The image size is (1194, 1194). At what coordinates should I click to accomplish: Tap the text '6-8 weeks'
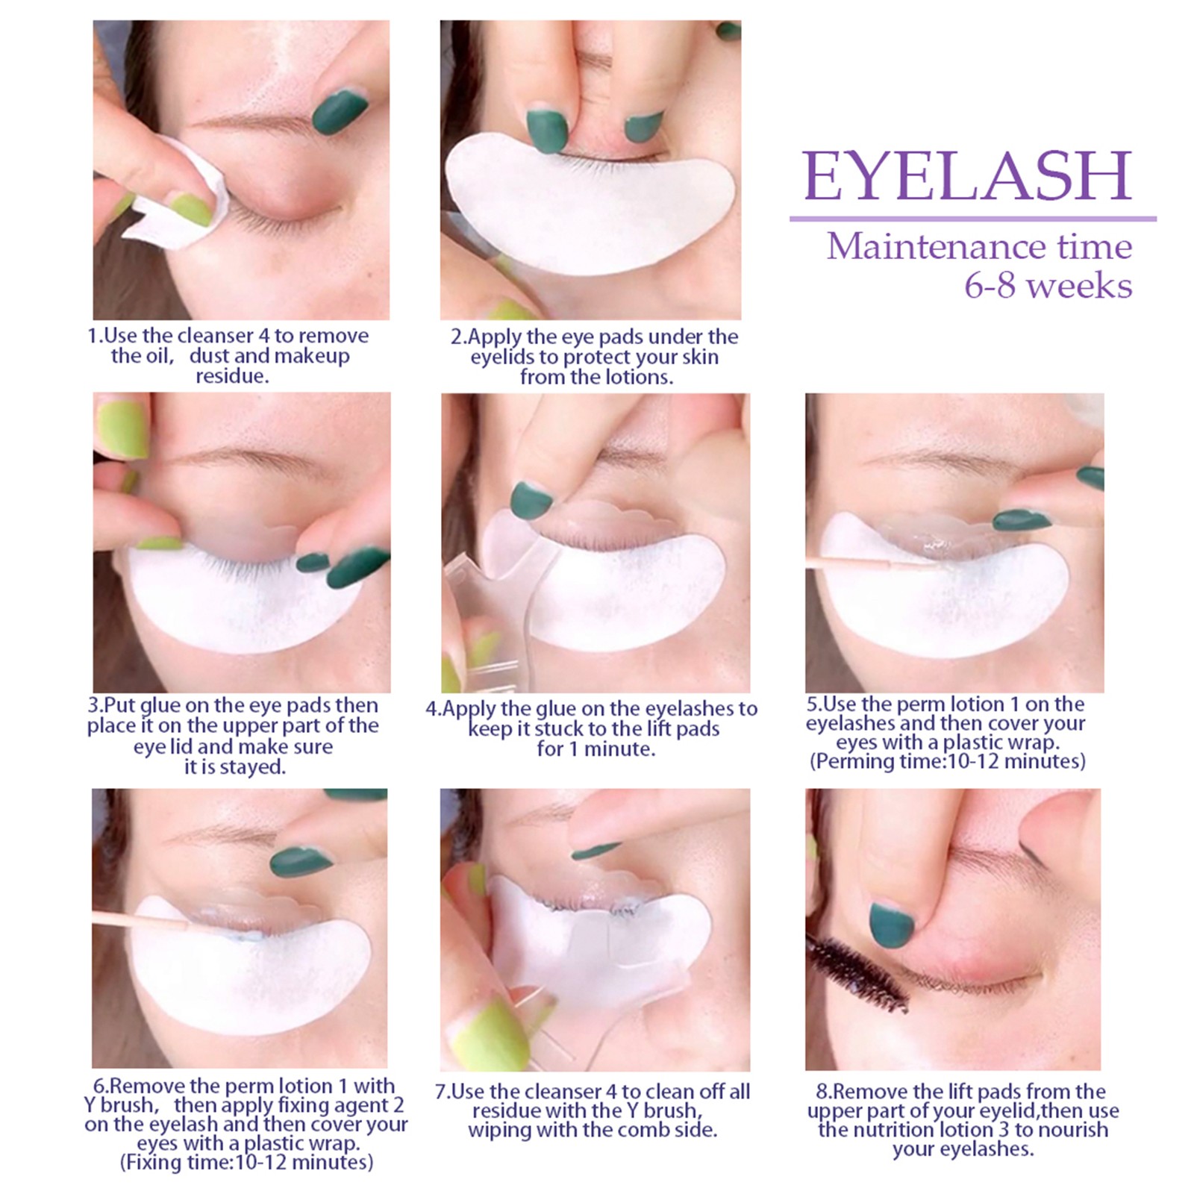(1048, 286)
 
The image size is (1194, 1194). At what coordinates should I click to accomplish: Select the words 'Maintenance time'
(979, 246)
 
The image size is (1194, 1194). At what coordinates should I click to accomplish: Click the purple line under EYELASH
(973, 219)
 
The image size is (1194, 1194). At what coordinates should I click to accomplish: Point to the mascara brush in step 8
(858, 972)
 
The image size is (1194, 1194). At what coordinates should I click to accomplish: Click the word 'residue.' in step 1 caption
(232, 376)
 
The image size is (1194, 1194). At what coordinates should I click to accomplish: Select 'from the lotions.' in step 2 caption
(596, 377)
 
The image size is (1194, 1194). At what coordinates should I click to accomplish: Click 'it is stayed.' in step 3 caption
(235, 767)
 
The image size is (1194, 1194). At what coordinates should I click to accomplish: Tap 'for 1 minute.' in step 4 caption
(596, 749)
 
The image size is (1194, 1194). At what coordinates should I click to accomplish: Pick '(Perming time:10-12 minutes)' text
(948, 761)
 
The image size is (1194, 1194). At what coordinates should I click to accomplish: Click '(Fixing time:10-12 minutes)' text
(246, 1163)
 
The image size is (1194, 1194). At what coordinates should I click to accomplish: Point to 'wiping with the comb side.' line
(593, 1130)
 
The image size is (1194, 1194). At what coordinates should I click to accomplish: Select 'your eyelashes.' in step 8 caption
(963, 1149)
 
